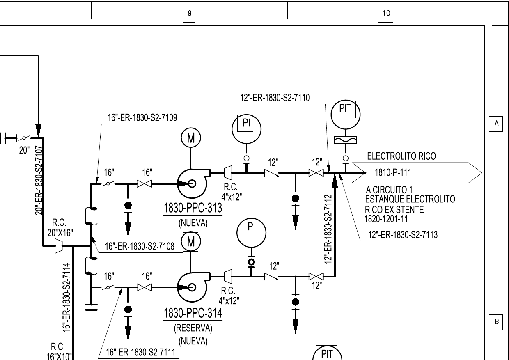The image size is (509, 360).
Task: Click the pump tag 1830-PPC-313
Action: [x=193, y=208]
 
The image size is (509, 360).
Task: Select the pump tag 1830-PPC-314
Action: [x=193, y=314]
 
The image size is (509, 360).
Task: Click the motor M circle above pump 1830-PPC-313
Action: [x=190, y=138]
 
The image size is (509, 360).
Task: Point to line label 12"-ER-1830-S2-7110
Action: [x=275, y=98]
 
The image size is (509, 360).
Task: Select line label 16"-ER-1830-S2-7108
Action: [x=140, y=246]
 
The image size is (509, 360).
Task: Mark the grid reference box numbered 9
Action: [x=189, y=13]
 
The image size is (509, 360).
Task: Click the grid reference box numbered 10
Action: [x=386, y=13]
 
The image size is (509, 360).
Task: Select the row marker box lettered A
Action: [x=497, y=123]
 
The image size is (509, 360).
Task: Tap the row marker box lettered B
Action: [x=497, y=322]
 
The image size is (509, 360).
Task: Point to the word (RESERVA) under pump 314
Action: [x=193, y=328]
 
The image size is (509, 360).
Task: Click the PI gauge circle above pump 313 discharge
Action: [x=246, y=128]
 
